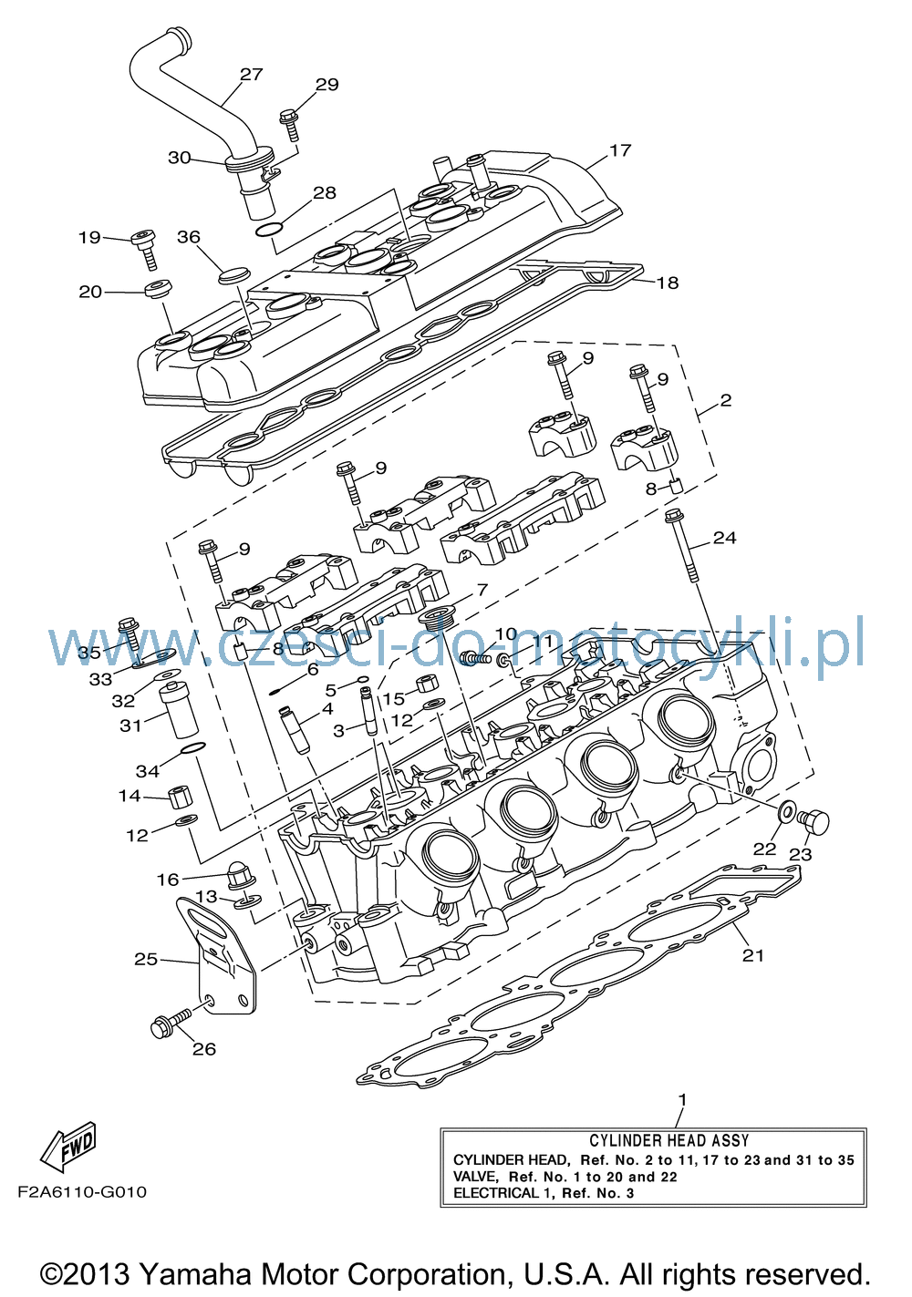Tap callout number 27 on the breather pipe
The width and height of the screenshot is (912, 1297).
pos(252,74)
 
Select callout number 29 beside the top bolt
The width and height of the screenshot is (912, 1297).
pos(326,85)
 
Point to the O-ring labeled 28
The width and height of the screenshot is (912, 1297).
pos(269,230)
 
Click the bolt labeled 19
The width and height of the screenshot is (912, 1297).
pos(145,248)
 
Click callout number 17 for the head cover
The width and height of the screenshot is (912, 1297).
pos(619,150)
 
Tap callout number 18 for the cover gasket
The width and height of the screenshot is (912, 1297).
pos(667,283)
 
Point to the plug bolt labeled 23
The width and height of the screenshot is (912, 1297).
pos(814,821)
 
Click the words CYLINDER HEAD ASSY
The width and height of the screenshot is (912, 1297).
pos(669,1140)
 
